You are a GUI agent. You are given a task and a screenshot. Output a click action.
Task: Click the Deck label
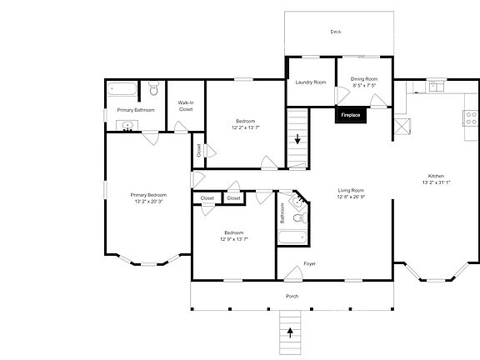tap(336, 32)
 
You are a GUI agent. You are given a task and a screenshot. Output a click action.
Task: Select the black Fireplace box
tap(351, 115)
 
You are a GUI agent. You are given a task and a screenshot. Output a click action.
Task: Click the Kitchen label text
tap(436, 176)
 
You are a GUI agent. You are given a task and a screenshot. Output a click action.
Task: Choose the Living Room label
tap(351, 190)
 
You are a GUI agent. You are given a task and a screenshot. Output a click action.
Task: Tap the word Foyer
tap(309, 264)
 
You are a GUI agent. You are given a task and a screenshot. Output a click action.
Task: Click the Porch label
tap(292, 297)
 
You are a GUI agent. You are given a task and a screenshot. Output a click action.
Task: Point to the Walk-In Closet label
tap(186, 106)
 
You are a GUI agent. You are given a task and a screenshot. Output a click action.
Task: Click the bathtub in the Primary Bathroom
tap(119, 88)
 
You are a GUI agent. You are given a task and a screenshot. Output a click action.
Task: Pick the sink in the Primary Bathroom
tap(127, 127)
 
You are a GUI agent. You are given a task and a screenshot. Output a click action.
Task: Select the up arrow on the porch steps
tap(291, 332)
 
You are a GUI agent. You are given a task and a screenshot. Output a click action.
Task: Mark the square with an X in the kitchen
tap(402, 127)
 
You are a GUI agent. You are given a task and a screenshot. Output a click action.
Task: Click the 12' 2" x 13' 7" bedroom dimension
tap(246, 127)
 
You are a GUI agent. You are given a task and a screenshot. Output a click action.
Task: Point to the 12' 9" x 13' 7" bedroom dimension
tap(233, 239)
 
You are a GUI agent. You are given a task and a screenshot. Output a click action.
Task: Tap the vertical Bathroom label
tap(282, 213)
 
